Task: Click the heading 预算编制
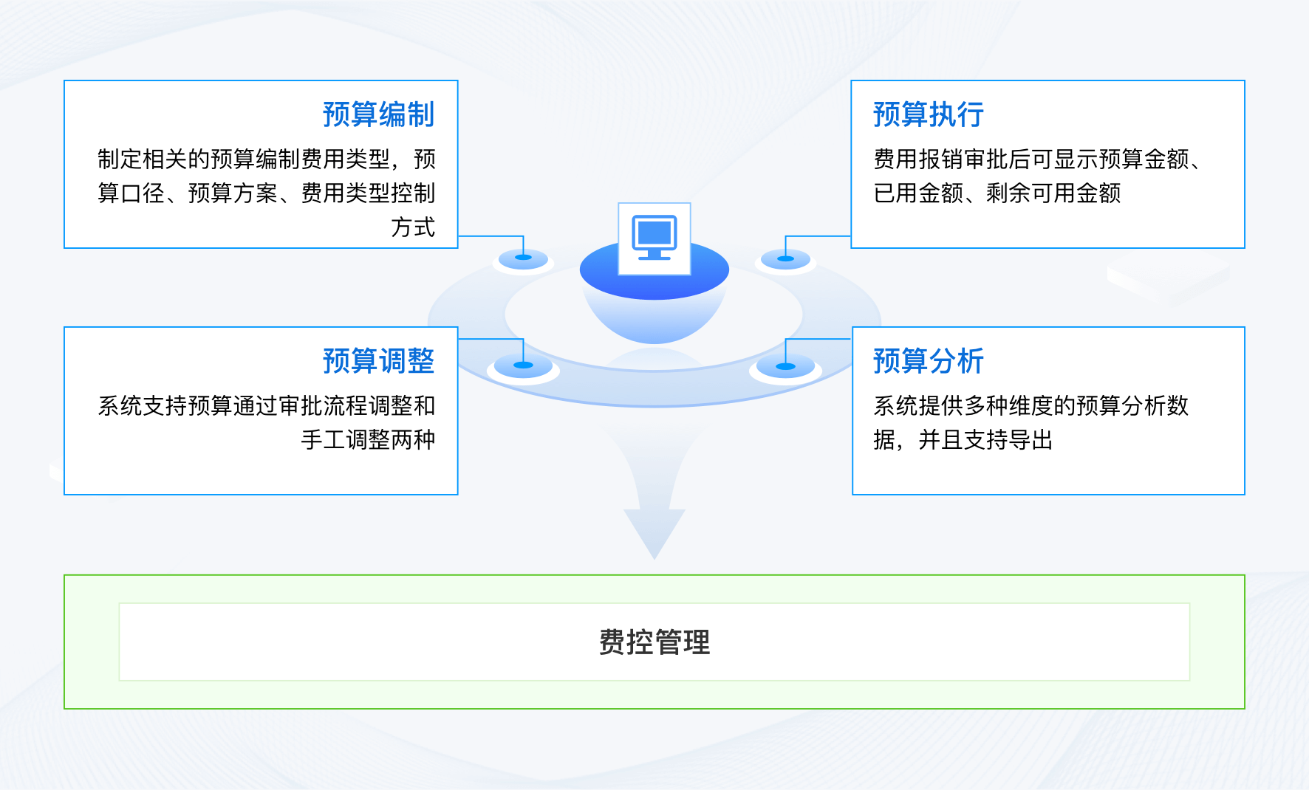(x=378, y=114)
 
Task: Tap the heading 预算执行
(x=928, y=114)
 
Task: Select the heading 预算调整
(x=378, y=361)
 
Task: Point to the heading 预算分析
(x=928, y=361)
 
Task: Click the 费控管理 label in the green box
(x=654, y=642)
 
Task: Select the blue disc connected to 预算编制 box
(x=523, y=258)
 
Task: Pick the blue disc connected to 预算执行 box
(x=785, y=258)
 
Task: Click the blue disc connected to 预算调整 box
(x=523, y=365)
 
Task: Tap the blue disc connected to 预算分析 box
(x=785, y=366)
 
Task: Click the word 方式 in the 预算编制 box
(x=413, y=227)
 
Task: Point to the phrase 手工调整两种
(x=368, y=440)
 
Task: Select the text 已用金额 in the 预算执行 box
(x=918, y=193)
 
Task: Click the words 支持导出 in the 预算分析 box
(x=1008, y=440)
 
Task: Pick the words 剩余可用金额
(x=1053, y=193)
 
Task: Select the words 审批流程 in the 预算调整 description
(x=323, y=405)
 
